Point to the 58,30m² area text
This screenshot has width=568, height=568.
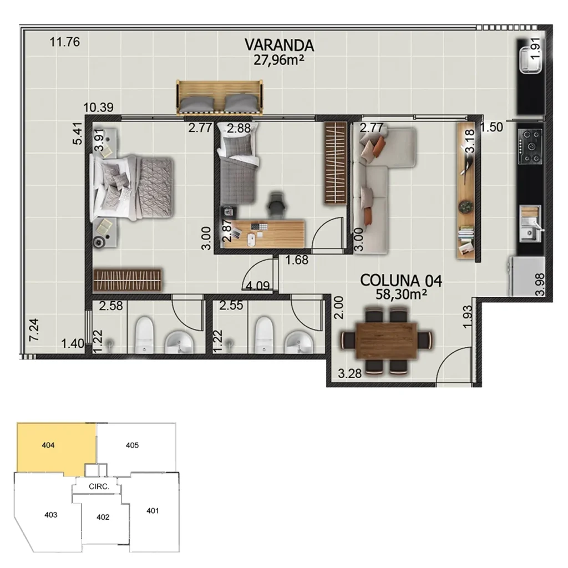[x=397, y=295]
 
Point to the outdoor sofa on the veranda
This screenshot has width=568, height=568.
[x=220, y=98]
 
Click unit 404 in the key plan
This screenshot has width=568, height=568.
[x=50, y=445]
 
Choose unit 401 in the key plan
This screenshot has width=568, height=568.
[x=153, y=510]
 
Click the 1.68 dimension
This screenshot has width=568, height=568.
[x=297, y=259]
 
